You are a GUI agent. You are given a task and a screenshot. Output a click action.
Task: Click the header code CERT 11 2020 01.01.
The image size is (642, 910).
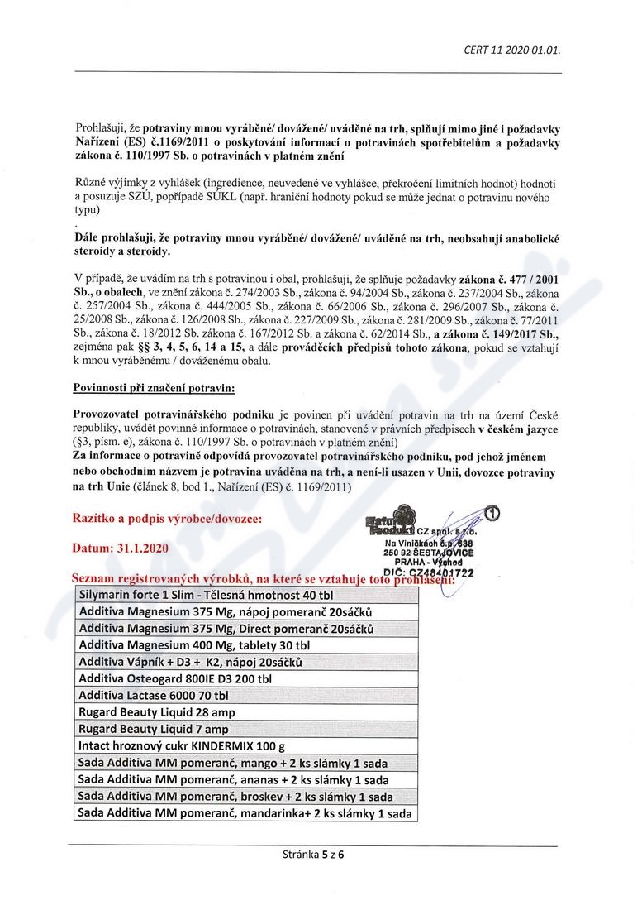coord(512,50)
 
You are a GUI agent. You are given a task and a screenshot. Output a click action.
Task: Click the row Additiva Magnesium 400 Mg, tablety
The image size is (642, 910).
coord(194,645)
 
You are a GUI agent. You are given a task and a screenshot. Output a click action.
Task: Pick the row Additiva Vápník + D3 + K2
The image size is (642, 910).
coord(190,662)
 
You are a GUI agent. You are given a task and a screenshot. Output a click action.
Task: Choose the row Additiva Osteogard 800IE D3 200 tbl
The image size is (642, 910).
coord(175,678)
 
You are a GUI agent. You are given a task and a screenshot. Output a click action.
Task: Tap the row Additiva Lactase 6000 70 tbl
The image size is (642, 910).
coord(153,695)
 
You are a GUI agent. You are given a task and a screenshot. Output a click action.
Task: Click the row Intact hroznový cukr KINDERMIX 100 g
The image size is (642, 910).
coord(182,745)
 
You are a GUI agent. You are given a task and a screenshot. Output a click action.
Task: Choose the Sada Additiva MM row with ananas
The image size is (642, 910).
coord(232,779)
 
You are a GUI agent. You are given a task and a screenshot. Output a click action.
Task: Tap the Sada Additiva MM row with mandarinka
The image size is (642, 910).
coord(244,813)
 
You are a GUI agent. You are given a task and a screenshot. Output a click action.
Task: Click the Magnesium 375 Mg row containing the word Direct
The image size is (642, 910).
coord(226,629)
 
